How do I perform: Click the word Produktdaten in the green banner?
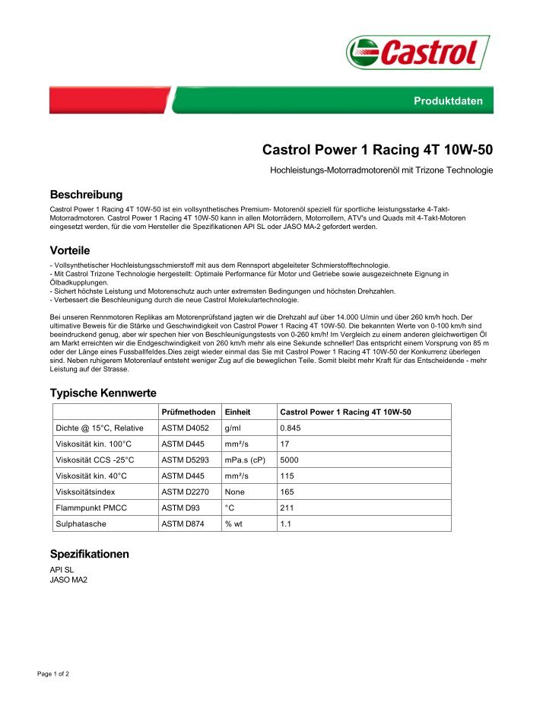(448, 101)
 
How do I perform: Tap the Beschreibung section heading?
(86, 195)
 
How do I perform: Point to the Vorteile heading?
(70, 250)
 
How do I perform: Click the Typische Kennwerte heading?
(103, 393)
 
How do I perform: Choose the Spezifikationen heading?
(89, 554)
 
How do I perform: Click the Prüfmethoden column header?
(189, 412)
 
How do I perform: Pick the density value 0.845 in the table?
(291, 428)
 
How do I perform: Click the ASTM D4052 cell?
(186, 428)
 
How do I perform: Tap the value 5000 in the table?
(290, 460)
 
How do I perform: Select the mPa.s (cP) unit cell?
(246, 460)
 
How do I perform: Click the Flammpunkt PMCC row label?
(91, 507)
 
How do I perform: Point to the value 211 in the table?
(287, 507)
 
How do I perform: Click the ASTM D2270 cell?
(186, 491)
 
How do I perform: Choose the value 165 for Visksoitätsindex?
(287, 491)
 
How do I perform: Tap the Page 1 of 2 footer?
(53, 674)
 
